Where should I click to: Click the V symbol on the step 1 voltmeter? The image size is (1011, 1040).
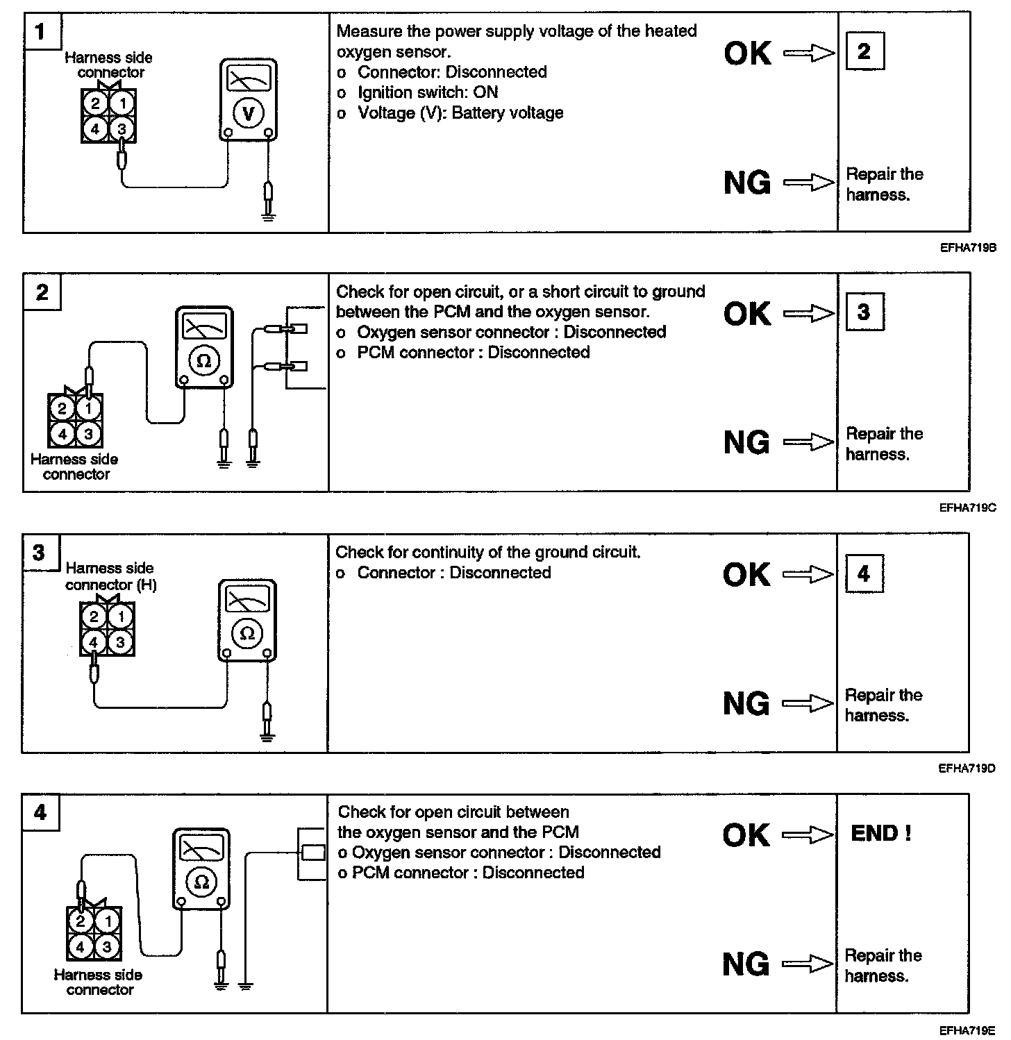pos(248,114)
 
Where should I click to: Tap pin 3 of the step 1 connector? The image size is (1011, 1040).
pos(122,128)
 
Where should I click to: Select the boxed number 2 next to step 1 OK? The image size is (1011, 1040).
pos(864,51)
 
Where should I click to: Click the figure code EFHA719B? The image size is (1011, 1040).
pos(968,246)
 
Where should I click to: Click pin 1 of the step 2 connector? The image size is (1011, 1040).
pos(89,408)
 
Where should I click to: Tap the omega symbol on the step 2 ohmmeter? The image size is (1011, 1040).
pos(203,360)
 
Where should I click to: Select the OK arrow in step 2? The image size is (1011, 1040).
pos(808,314)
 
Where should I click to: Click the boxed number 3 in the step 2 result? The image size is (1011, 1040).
pos(863,312)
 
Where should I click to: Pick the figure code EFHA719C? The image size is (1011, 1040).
pos(967,508)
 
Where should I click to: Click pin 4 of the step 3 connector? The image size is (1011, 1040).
pos(94,642)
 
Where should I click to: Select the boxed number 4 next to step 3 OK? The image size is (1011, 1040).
pos(864,573)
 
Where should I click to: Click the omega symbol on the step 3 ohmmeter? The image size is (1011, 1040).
pos(247,633)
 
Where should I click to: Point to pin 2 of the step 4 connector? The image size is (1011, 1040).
pos(81,921)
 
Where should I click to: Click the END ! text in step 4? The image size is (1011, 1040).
pos(880,833)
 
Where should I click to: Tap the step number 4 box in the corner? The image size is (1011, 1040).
pos(40,812)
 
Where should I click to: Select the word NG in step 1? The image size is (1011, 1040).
pos(747,183)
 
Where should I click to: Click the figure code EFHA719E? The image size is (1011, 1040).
pos(967,1030)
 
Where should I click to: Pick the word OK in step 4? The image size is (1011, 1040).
pos(746,835)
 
